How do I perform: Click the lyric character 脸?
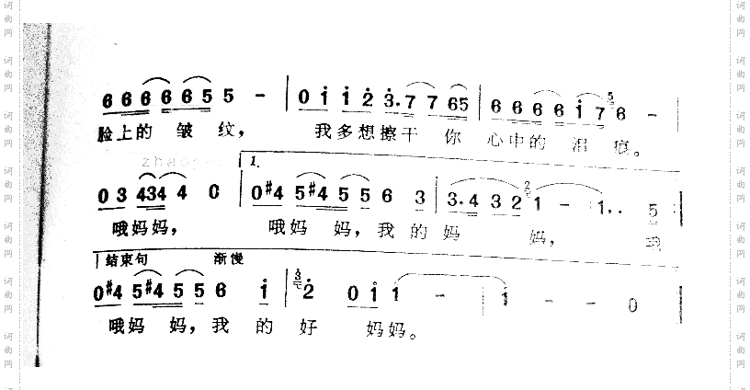[104, 132]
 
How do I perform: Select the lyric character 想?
[347, 132]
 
